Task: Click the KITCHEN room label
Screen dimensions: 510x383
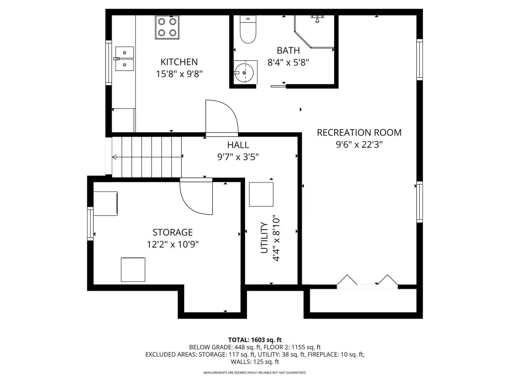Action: (179, 62)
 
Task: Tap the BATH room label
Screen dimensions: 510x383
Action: (288, 50)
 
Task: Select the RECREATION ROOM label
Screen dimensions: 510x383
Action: (359, 133)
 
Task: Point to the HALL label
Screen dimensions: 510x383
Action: (238, 145)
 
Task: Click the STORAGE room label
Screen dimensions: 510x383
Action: (173, 232)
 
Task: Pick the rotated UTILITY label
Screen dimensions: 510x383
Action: (264, 238)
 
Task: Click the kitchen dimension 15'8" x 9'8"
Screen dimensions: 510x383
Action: (179, 74)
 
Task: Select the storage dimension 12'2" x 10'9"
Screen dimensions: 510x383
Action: (173, 244)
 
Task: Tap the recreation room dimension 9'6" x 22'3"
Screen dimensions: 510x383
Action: (359, 144)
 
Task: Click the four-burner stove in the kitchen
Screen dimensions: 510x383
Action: (167, 27)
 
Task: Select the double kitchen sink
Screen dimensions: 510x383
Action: (125, 59)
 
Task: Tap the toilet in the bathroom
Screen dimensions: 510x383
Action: (248, 29)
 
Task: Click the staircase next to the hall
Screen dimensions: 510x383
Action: (147, 157)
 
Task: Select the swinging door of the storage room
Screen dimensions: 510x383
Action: (196, 196)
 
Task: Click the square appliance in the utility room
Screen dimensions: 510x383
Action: (261, 194)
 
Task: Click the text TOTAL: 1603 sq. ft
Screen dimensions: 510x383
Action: (255, 340)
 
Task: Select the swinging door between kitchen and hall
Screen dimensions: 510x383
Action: (222, 117)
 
